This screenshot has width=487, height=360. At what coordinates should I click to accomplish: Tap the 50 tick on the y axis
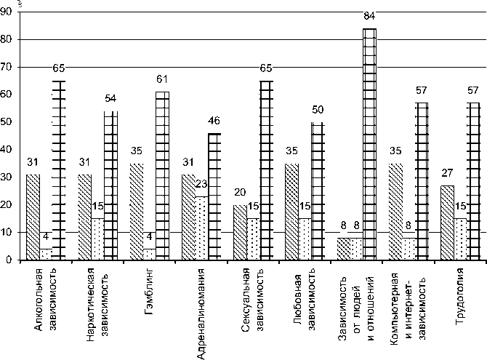click(8, 121)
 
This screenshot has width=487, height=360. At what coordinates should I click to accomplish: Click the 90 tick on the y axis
click(8, 12)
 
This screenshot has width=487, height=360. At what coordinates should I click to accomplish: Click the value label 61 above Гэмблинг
click(162, 79)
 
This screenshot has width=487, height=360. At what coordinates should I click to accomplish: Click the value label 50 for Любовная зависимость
click(318, 109)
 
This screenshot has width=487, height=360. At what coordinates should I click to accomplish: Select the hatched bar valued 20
click(240, 232)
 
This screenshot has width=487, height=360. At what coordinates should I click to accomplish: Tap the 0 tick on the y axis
click(8, 259)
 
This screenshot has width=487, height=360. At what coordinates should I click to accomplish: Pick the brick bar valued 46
click(214, 196)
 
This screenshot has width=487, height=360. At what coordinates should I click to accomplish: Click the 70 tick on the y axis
click(8, 67)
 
